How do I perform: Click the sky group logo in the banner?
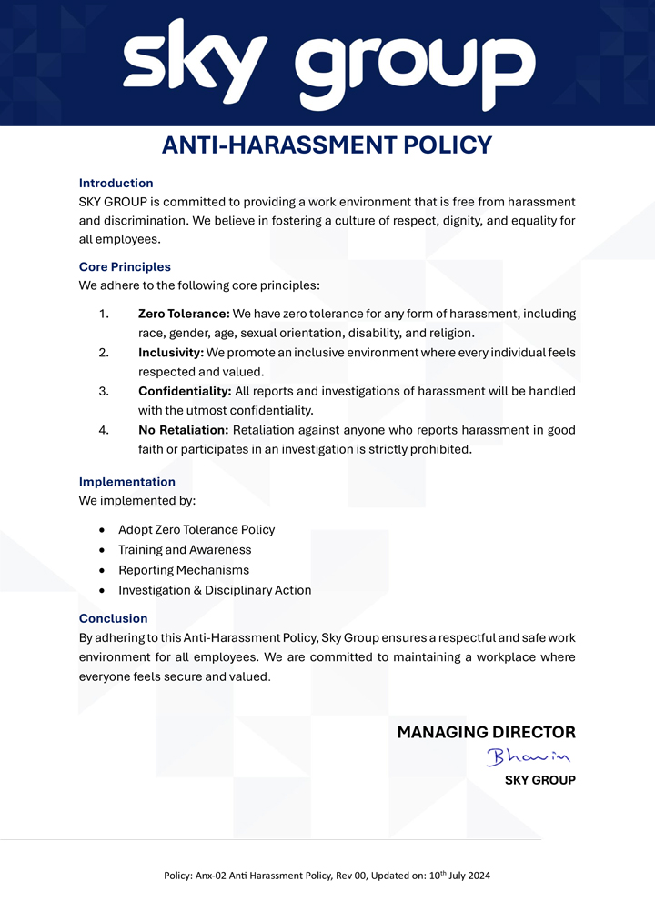tap(328, 64)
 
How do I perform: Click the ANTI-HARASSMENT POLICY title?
tap(327, 145)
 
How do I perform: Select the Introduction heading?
tap(116, 183)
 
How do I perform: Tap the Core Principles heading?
tap(125, 267)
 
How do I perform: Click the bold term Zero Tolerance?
tap(184, 314)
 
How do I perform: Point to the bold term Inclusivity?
tap(171, 352)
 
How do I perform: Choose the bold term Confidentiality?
tap(185, 391)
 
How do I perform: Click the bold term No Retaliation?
tap(184, 429)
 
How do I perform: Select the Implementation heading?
tap(127, 482)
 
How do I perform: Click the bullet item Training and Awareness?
tap(185, 550)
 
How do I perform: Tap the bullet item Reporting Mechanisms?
tap(184, 570)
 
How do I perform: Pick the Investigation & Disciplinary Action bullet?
tap(215, 590)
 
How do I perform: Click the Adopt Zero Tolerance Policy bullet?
tap(196, 529)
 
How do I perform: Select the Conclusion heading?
tap(113, 619)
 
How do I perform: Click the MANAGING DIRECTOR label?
tap(486, 732)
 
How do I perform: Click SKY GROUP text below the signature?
tap(539, 780)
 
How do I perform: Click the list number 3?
tap(104, 391)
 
